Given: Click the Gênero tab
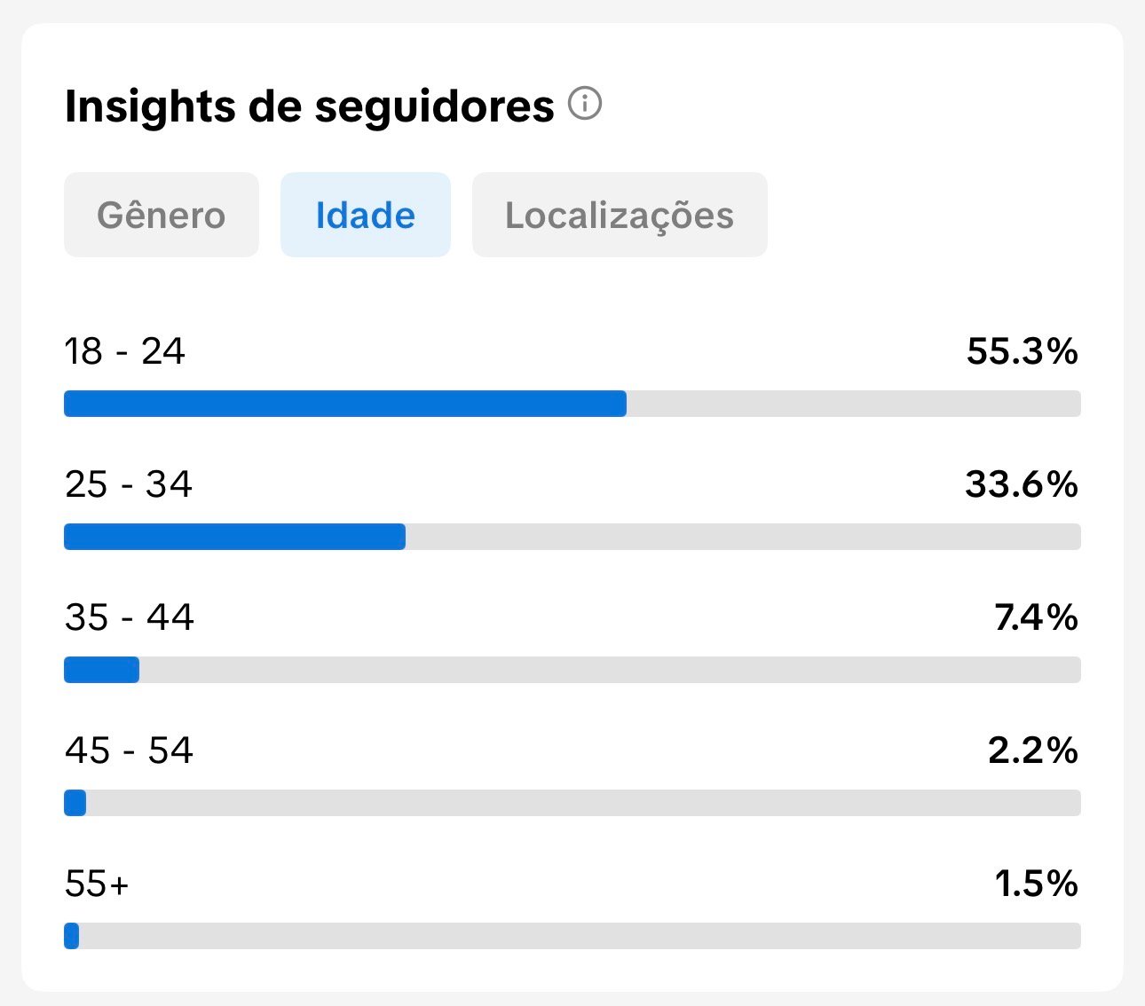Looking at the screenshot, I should (161, 216).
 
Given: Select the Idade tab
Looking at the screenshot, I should (365, 216).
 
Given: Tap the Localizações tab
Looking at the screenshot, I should (619, 216).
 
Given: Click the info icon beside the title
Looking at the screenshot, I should (585, 104).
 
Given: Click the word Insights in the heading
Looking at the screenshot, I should (150, 106).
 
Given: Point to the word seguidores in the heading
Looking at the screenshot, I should (434, 106).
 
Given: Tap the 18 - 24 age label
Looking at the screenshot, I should (125, 351).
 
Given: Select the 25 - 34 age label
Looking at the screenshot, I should (129, 484).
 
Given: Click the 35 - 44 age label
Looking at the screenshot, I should (130, 617).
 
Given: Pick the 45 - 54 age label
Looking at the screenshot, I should (130, 751).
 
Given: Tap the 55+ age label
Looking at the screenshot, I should (98, 884).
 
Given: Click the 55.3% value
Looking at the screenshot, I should (1022, 351).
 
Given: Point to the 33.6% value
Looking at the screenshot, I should (1021, 484).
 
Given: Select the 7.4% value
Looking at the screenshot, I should (1036, 617).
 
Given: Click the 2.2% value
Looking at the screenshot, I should (1032, 751).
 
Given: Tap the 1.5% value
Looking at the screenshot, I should (1036, 884).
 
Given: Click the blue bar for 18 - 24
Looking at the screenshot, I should (344, 404).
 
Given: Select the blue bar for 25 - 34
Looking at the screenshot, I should (234, 537).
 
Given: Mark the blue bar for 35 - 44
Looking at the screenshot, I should (101, 670).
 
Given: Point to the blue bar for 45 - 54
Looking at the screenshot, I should (75, 803).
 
